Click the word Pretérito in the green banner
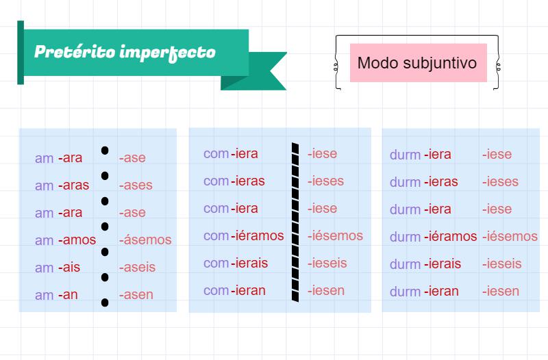click(75, 52)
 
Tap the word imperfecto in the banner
click(167, 53)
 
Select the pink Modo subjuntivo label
click(419, 63)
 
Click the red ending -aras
click(73, 185)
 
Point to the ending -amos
click(77, 240)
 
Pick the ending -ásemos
click(145, 240)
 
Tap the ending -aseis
click(138, 267)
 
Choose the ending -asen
click(136, 295)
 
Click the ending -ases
click(136, 185)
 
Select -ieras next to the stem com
click(248, 181)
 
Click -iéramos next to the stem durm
click(451, 236)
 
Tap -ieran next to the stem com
click(248, 290)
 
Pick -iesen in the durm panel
click(501, 291)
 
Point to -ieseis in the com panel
click(327, 263)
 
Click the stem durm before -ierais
click(405, 264)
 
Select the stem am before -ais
click(44, 268)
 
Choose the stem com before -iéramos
click(216, 236)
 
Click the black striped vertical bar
click(295, 222)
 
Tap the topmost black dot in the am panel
click(105, 150)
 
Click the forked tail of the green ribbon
click(260, 71)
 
